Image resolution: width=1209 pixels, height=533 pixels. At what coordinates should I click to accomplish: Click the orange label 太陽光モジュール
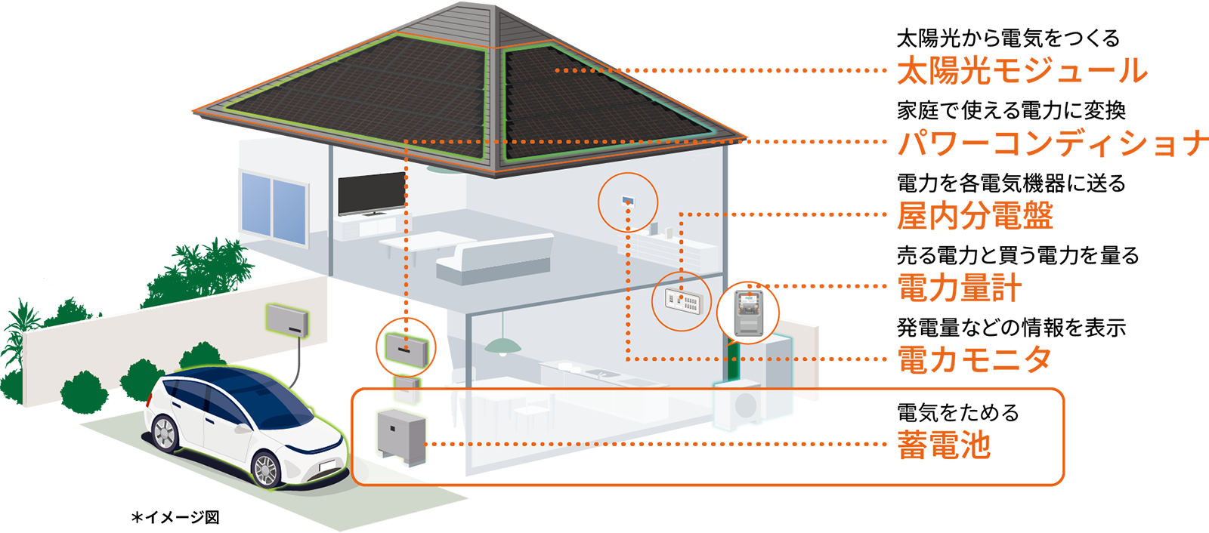click(1022, 71)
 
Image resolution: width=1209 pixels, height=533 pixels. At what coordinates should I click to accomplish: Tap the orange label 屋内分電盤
click(975, 215)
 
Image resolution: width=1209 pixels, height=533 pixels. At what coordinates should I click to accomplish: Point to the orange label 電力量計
click(959, 287)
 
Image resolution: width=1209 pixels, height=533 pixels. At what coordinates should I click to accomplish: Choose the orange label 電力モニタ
click(974, 359)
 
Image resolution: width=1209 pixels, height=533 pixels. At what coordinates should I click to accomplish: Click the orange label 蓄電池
click(944, 445)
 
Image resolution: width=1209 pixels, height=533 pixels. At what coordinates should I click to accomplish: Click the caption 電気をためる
click(958, 413)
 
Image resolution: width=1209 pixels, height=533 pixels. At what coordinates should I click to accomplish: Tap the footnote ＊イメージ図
click(175, 517)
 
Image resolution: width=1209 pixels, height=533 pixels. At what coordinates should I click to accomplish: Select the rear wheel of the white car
click(165, 433)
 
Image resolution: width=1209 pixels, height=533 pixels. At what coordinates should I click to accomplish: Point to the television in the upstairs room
click(372, 194)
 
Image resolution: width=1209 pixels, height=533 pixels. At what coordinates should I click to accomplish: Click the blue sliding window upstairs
click(274, 208)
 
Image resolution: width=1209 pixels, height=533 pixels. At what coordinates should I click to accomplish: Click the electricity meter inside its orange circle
click(749, 313)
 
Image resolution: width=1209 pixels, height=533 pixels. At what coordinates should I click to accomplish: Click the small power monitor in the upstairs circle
click(628, 202)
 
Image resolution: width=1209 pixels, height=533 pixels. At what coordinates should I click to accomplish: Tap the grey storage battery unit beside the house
click(401, 437)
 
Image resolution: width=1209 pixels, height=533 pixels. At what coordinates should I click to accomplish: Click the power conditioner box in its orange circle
click(406, 349)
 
